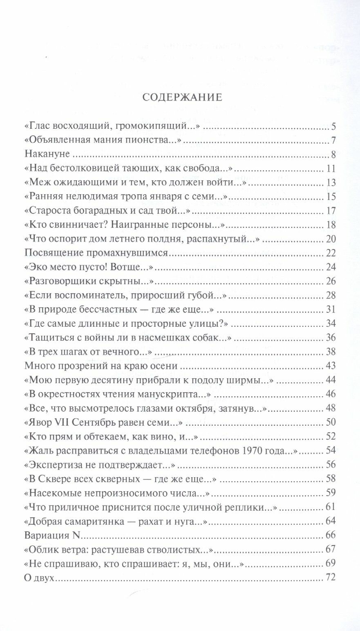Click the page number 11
click(x=331, y=168)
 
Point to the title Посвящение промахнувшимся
click(x=96, y=253)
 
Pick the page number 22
click(x=331, y=253)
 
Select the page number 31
click(x=331, y=309)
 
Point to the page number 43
click(x=331, y=366)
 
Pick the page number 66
click(x=331, y=535)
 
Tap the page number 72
click(x=331, y=577)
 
